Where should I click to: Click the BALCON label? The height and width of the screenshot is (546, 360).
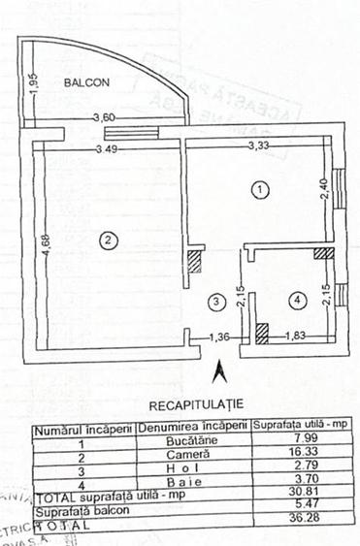pos(87,82)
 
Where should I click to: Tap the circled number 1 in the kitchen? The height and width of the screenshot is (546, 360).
pos(258,190)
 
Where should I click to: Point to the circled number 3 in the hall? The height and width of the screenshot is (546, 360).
pos(217,302)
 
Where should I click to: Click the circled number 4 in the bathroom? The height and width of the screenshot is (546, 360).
pos(297,302)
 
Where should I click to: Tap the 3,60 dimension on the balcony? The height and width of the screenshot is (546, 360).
pos(103,118)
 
